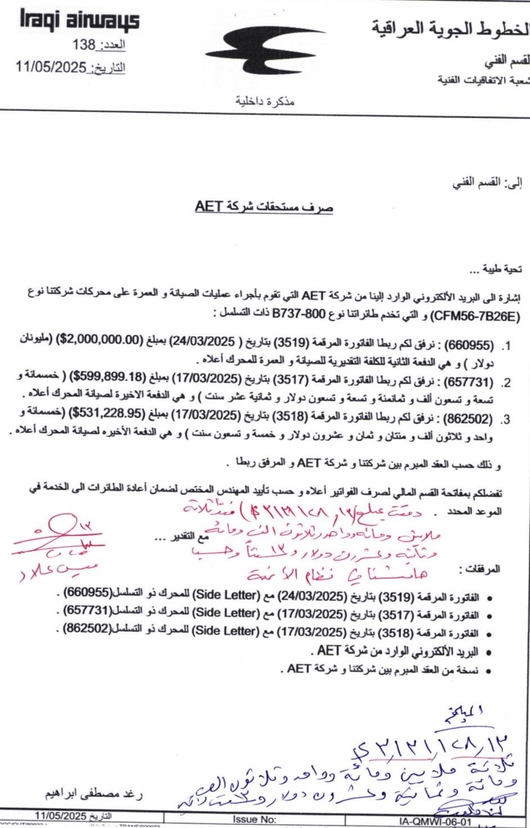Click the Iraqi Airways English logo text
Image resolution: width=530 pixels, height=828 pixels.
[x=79, y=21]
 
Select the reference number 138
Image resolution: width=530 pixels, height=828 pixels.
[x=84, y=44]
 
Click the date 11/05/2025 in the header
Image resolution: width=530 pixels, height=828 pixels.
[x=51, y=67]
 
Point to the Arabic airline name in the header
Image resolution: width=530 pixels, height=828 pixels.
[x=450, y=28]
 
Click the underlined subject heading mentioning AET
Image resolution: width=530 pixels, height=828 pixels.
[x=264, y=206]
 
